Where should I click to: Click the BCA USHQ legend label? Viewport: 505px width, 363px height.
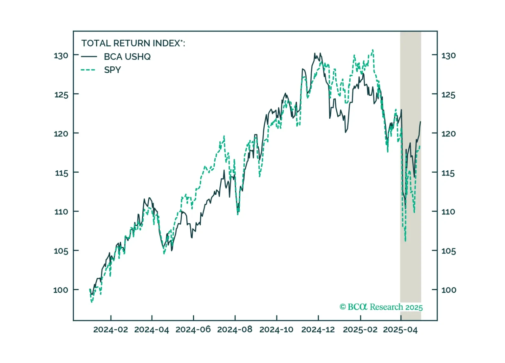tap(127, 57)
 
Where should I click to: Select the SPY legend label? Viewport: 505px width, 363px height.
tap(112, 70)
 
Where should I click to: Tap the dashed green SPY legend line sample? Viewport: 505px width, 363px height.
tap(88, 70)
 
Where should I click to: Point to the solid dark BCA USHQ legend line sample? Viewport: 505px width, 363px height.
tap(89, 57)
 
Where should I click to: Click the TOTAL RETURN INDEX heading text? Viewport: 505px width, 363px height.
tap(133, 43)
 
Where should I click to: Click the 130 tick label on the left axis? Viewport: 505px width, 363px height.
tap(61, 56)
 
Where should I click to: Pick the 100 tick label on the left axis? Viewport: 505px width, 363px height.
tap(61, 290)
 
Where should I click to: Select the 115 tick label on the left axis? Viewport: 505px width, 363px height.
tap(61, 173)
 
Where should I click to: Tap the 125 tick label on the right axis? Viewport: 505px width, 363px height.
tap(448, 95)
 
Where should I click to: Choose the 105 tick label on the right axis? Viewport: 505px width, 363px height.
tap(448, 251)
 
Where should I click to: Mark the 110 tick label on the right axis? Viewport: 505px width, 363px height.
tap(448, 212)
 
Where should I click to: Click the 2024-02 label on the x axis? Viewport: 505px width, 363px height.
tap(111, 330)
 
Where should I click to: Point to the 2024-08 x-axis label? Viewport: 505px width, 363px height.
tap(235, 330)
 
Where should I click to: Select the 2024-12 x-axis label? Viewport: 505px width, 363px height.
tap(318, 330)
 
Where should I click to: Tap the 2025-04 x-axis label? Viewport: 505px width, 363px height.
tap(400, 330)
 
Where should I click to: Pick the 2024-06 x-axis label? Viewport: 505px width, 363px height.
tap(193, 330)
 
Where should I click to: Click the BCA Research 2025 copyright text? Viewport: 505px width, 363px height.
tap(381, 307)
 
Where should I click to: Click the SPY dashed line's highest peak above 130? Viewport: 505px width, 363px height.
tap(373, 50)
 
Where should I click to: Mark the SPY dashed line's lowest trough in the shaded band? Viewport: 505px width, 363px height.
tap(405, 241)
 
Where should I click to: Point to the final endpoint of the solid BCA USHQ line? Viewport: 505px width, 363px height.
tap(421, 122)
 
